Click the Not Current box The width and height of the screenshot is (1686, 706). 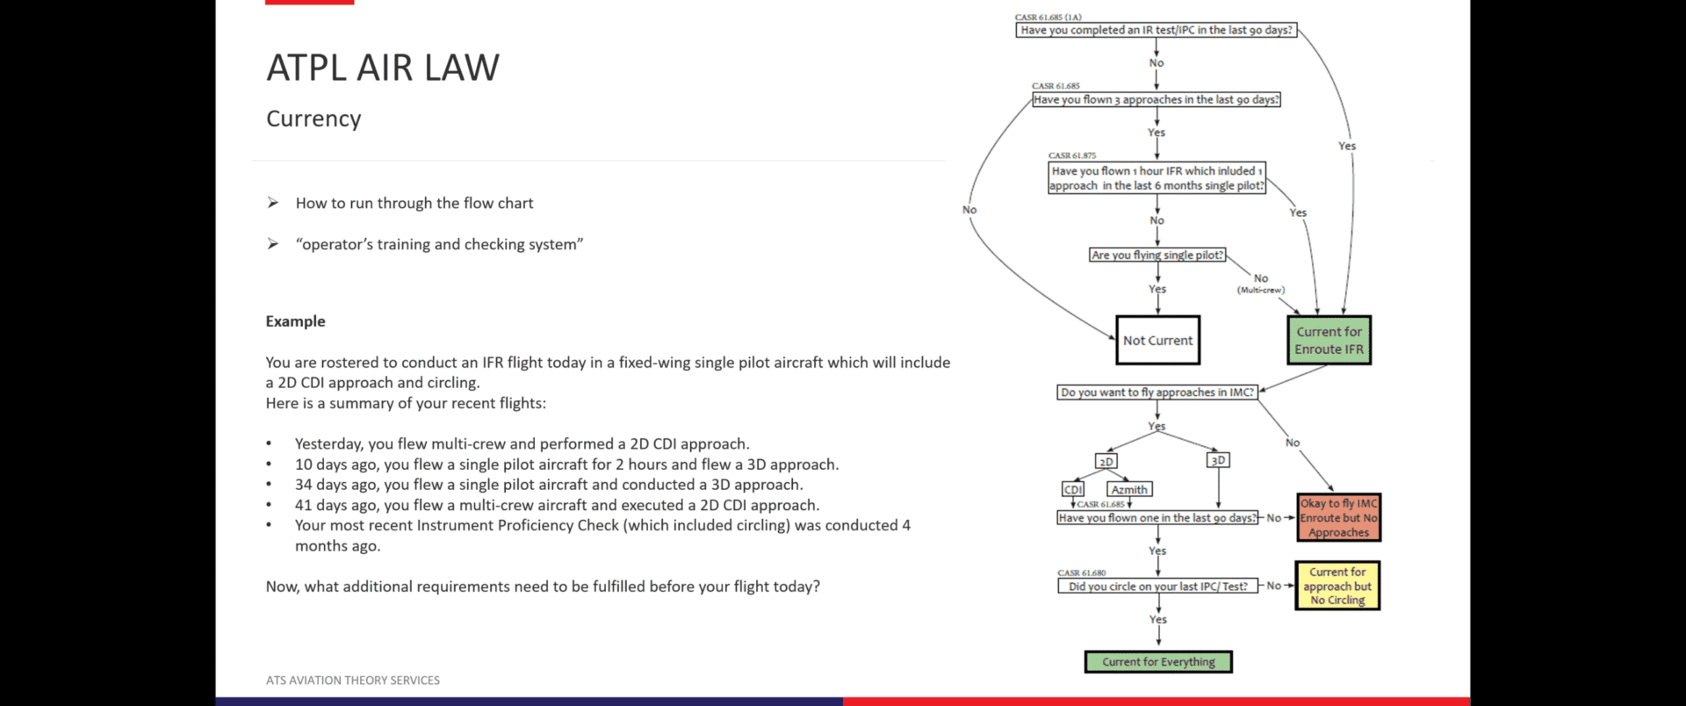[1157, 340]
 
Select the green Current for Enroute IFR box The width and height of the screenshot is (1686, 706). [1329, 340]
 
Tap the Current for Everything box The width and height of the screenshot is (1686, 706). [1158, 662]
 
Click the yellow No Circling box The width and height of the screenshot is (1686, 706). [1337, 586]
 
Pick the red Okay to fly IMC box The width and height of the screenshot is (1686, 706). [1338, 517]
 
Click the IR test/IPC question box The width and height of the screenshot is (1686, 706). [1156, 30]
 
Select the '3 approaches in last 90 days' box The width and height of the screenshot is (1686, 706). [1156, 100]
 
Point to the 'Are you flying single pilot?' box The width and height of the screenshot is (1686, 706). [1157, 255]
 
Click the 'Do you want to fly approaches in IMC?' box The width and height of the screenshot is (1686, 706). [1157, 393]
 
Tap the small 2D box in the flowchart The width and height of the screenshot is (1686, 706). [1106, 462]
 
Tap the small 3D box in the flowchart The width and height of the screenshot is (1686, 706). [1218, 460]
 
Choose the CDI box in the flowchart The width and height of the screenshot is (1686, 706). [1073, 490]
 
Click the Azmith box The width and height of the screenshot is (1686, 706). [1129, 490]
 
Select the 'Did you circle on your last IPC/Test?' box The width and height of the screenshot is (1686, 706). [1157, 587]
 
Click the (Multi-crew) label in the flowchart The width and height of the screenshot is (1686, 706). [1261, 290]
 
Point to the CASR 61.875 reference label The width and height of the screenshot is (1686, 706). [1072, 155]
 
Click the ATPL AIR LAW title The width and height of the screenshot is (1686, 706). [383, 68]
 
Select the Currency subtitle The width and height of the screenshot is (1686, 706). [313, 119]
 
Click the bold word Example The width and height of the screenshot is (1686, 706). [295, 321]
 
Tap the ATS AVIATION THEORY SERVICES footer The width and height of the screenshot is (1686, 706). [353, 681]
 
